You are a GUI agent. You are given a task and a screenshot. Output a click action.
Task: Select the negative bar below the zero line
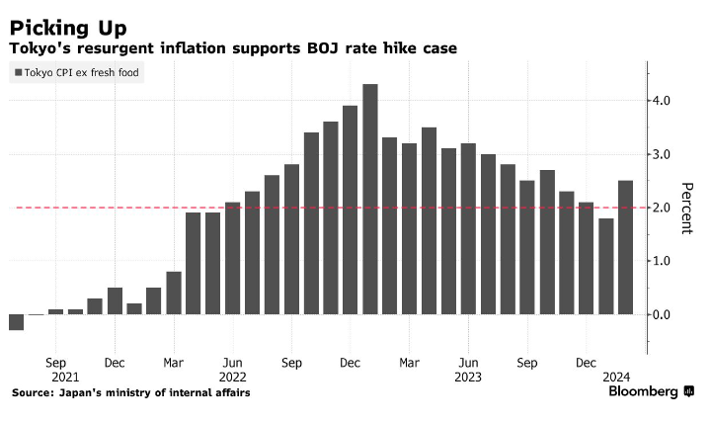pos(16,322)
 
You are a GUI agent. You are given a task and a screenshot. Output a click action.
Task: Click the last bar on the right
pos(625,247)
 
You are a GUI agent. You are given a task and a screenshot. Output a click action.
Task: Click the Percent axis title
pos(687,208)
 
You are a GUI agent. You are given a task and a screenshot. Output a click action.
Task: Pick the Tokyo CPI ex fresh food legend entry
pos(76,72)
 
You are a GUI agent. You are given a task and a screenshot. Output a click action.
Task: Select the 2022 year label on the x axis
pos(232,377)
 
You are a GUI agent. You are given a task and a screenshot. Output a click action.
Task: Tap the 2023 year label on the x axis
pos(469,377)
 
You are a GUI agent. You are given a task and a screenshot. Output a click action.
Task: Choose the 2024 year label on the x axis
pos(617,377)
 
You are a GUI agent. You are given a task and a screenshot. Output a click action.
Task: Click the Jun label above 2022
pos(232,363)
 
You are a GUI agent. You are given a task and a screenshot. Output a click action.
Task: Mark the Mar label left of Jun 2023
pos(410,363)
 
